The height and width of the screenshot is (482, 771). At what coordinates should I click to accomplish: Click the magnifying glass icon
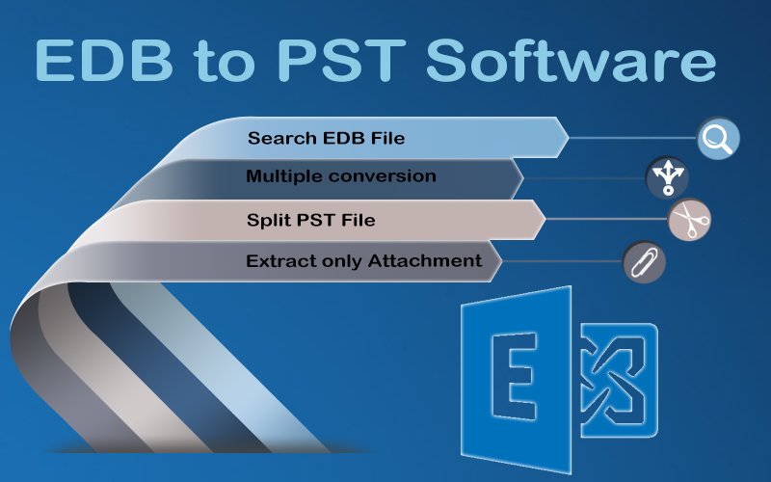pos(718,138)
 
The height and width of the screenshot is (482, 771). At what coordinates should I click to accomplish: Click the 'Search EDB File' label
pos(326,138)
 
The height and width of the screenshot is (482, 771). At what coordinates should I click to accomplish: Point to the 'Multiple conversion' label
pos(340,176)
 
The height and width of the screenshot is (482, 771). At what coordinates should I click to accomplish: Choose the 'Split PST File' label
pos(310,221)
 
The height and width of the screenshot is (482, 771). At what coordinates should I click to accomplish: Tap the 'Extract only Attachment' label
pos(363,260)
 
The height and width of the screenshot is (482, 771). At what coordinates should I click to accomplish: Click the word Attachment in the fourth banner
pos(425,260)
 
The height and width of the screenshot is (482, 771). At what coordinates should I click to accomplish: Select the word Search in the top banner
pos(277,138)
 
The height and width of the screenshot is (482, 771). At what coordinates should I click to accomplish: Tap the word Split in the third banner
pos(264,221)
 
